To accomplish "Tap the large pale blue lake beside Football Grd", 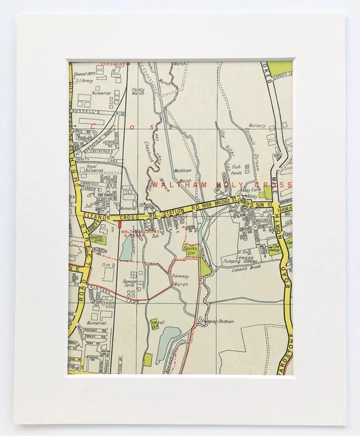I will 168,344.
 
